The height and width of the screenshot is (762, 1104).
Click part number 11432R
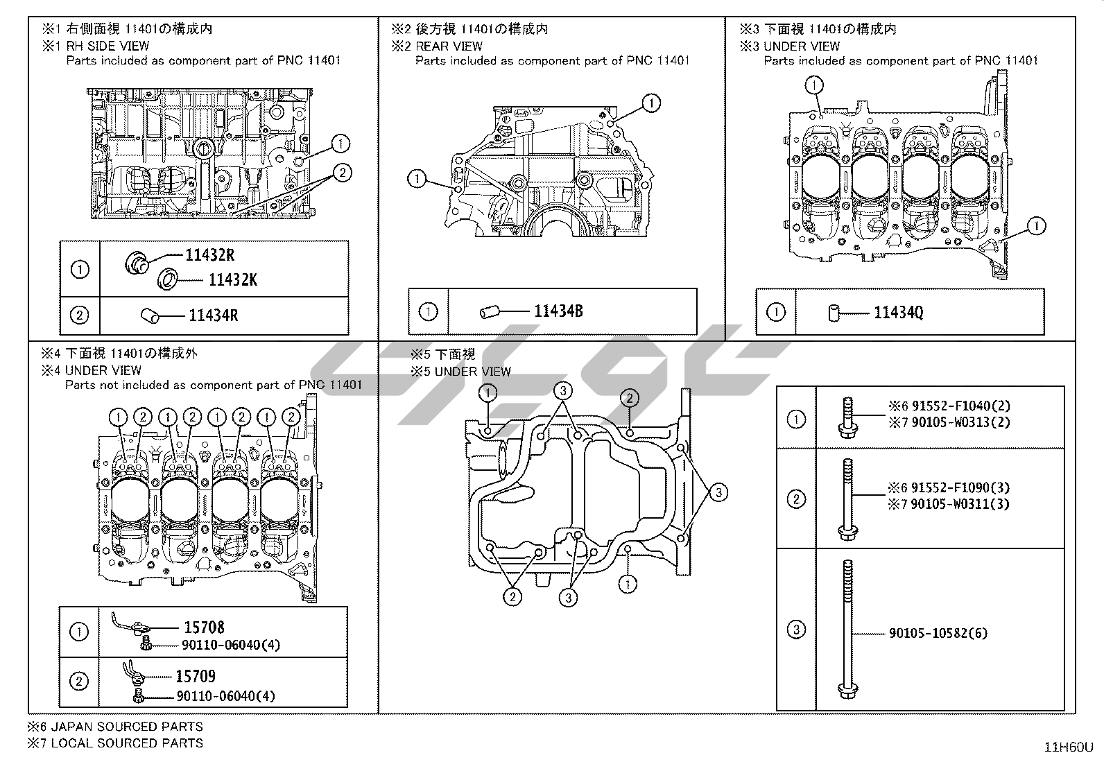pos(210,255)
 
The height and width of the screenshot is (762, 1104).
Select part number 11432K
pos(233,280)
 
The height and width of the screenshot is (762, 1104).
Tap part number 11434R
pos(214,315)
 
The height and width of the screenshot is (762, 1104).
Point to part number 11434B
pos(559,311)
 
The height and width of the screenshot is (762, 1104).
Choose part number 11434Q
pos(899,313)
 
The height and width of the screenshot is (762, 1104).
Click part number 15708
pos(204,627)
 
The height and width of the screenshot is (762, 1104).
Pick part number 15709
pos(196,676)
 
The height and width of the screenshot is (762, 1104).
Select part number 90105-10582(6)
pos(938,633)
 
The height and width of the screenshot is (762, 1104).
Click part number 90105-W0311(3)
pos(960,504)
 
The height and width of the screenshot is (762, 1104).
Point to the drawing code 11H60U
pos(1069,747)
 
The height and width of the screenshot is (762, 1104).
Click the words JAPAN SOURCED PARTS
pos(127,727)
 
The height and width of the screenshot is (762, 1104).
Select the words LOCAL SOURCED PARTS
pos(127,743)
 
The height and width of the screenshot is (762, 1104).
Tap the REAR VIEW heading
pos(449,46)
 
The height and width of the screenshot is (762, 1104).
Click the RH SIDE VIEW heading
pos(107,46)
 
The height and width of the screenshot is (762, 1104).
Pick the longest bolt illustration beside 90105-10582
pos(847,630)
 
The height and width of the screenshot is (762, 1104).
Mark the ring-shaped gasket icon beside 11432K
pos(167,279)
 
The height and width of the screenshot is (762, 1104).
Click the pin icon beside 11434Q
pos(834,313)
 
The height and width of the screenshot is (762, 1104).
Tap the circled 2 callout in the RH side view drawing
pos(343,173)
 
